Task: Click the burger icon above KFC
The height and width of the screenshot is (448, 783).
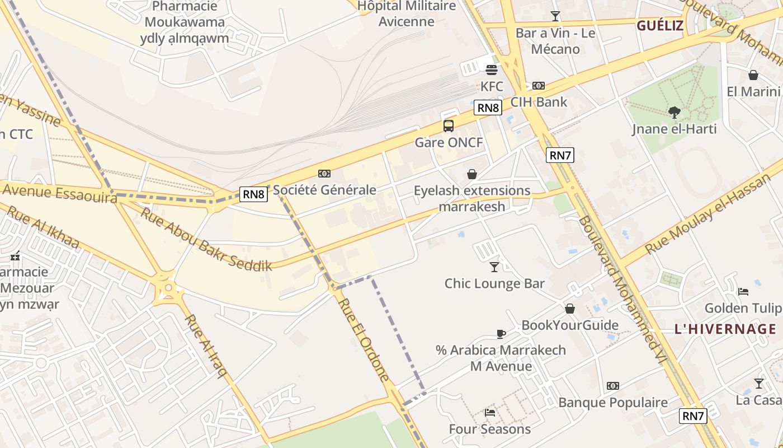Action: pos(492,70)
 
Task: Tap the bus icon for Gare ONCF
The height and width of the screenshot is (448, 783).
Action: pos(449,125)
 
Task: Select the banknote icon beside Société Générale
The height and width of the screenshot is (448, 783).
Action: pos(324,174)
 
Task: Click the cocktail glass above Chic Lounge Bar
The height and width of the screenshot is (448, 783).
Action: pos(494,267)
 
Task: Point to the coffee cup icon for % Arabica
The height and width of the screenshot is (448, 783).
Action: pos(501,334)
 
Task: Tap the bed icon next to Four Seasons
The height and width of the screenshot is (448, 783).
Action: pos(490,413)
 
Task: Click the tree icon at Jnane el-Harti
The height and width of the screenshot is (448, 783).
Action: pos(674,113)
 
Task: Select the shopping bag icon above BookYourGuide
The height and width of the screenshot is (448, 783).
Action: pos(570,309)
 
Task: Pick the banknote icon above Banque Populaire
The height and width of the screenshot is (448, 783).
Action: pos(613,386)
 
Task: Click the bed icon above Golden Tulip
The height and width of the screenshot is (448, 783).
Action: pos(743,291)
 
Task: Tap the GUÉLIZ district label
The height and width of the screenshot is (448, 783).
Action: pos(660,25)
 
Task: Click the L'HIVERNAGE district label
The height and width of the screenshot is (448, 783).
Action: pos(725,329)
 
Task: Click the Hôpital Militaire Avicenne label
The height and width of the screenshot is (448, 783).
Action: pos(407,13)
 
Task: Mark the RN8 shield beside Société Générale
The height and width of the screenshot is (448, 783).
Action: pos(254,194)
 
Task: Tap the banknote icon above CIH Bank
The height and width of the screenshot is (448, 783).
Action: pos(539,86)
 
